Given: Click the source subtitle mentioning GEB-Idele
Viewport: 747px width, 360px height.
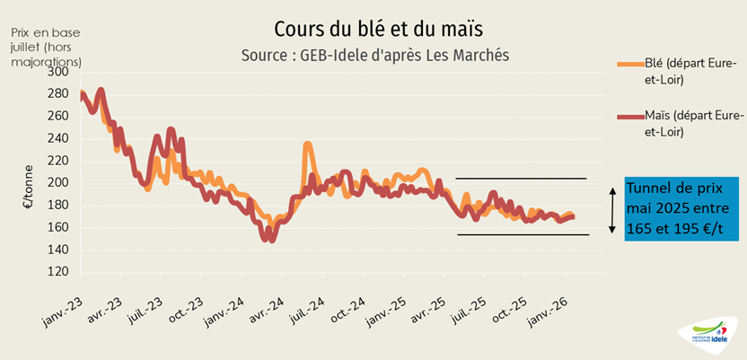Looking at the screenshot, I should (375, 55).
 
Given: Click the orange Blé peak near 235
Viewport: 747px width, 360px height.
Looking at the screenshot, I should (307, 145).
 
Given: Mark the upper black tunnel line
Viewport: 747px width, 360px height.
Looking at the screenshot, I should (521, 179).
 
